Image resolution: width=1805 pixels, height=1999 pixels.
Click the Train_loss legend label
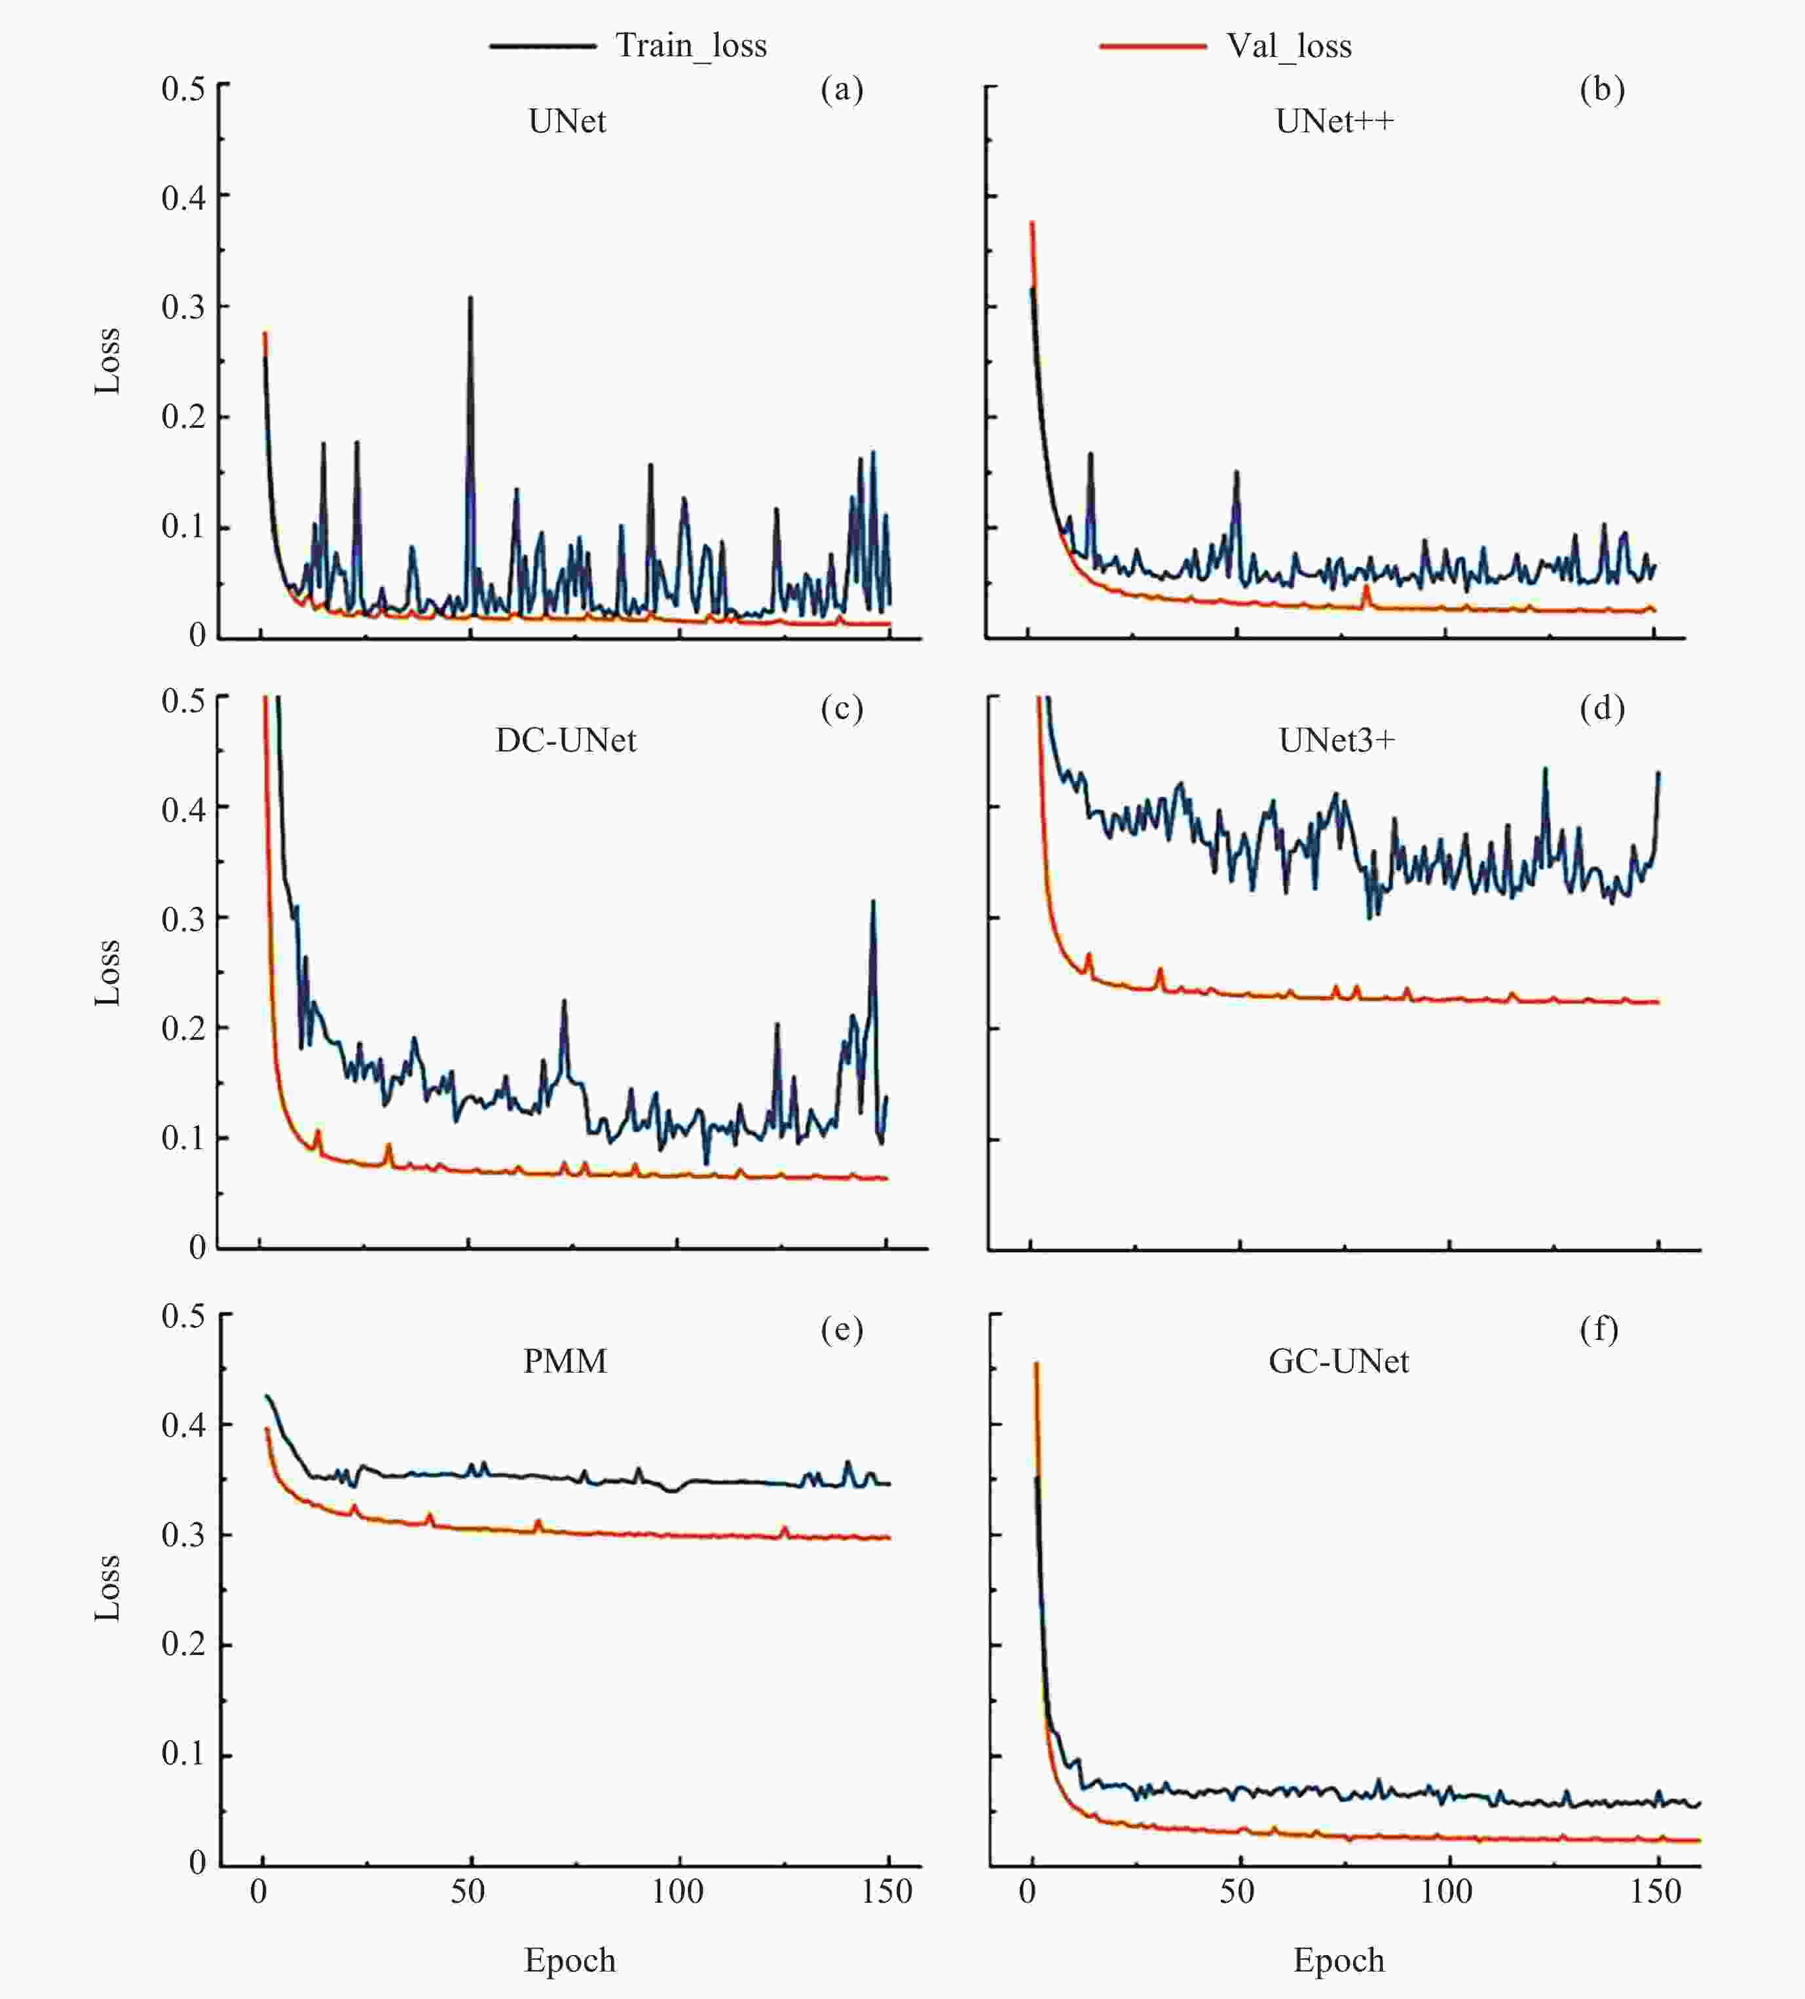(691, 46)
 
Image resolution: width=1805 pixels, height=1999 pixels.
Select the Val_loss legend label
(1288, 46)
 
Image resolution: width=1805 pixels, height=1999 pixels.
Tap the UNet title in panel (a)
(567, 122)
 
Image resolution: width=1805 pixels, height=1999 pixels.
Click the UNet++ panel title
(1334, 122)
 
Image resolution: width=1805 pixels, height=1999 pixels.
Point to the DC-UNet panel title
(566, 741)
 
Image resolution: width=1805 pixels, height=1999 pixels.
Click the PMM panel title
(565, 1361)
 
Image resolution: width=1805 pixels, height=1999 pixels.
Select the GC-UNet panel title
(1338, 1361)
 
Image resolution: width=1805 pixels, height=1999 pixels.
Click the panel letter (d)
(1602, 708)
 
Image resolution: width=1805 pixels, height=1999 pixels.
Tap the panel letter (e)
(842, 1329)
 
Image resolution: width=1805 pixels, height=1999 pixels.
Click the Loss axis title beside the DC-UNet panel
(107, 972)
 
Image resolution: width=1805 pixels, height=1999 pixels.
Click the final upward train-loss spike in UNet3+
(1658, 774)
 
